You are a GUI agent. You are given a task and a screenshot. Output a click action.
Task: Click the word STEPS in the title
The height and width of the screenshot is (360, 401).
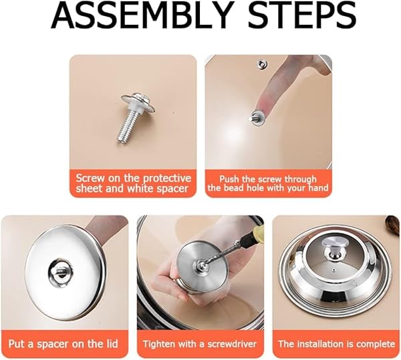[302, 15]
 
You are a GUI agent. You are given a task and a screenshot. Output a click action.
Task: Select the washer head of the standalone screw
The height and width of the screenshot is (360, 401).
[138, 102]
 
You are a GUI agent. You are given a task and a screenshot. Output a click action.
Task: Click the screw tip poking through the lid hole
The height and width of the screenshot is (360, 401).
[251, 118]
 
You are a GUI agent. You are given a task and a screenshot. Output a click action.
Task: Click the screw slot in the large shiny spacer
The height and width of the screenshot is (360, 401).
[61, 272]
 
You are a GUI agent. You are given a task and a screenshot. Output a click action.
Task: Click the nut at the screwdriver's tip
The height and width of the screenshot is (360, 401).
[200, 264]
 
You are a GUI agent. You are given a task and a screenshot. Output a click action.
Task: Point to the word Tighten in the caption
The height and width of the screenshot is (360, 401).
[158, 344]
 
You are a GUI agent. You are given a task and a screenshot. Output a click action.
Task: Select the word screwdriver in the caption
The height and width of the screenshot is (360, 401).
[232, 344]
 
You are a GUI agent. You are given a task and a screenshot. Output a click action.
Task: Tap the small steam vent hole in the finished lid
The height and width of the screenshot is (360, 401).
[334, 270]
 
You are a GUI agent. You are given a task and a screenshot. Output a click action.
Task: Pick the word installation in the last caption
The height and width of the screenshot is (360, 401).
[321, 344]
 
